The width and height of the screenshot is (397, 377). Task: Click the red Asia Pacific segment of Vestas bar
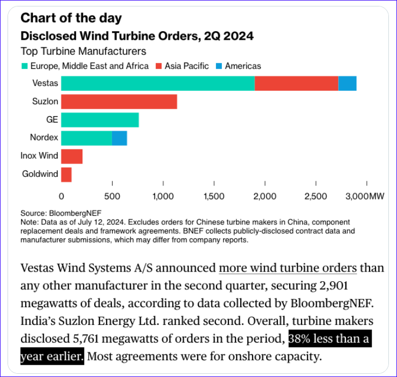tap(296, 83)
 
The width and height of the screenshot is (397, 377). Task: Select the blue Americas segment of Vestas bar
tap(347, 83)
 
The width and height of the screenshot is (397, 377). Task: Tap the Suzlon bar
tap(119, 102)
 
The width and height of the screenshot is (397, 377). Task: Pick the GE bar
tap(100, 120)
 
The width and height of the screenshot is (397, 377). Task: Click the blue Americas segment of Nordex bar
tap(120, 138)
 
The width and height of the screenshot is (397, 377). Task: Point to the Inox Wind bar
tap(72, 157)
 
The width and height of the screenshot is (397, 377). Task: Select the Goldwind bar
tap(66, 175)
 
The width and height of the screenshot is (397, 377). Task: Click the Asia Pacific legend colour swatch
tap(159, 66)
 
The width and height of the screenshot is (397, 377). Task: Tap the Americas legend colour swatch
tap(219, 66)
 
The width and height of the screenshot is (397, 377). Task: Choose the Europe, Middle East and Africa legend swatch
tap(25, 66)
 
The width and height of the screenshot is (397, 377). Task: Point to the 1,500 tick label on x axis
tap(214, 196)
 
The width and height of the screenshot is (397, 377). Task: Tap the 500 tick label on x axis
tap(112, 196)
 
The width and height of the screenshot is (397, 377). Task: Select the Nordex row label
tap(45, 138)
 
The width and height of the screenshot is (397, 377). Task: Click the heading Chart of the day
tap(71, 18)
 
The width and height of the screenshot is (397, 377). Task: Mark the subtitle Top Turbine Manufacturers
tap(83, 52)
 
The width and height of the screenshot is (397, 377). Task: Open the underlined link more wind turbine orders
tap(288, 267)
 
